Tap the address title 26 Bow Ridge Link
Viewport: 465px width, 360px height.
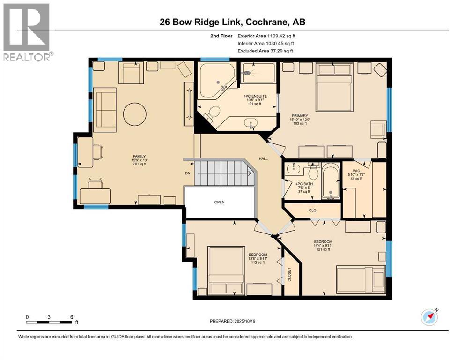(232, 22)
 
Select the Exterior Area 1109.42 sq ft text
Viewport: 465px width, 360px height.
(266, 36)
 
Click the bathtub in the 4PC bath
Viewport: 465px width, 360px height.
(332, 181)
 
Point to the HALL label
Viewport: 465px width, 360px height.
(263, 159)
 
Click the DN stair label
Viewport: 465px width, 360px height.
(187, 173)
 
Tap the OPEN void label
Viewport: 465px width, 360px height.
(219, 202)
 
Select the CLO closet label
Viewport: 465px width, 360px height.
(312, 210)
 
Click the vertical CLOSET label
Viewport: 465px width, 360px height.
(289, 277)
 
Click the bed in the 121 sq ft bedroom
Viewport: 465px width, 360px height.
(360, 279)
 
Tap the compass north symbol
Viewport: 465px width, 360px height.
(429, 317)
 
